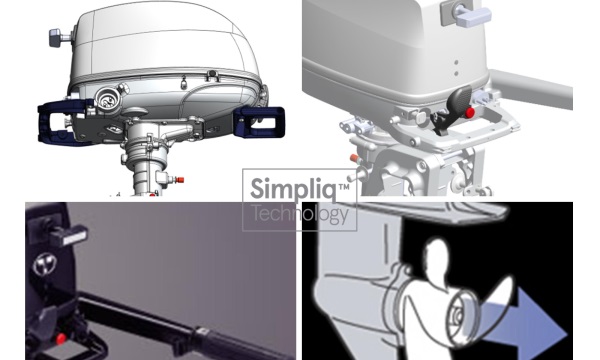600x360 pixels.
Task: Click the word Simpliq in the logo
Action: [x=294, y=189]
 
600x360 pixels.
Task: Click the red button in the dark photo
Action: [x=60, y=339]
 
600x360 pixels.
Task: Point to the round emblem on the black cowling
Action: [x=45, y=264]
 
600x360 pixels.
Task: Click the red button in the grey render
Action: [x=470, y=112]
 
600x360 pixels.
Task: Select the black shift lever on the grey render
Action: [x=452, y=109]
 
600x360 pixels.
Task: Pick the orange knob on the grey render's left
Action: [x=354, y=158]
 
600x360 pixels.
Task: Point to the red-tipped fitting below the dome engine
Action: [x=177, y=179]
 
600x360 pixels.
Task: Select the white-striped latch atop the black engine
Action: [x=68, y=234]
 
